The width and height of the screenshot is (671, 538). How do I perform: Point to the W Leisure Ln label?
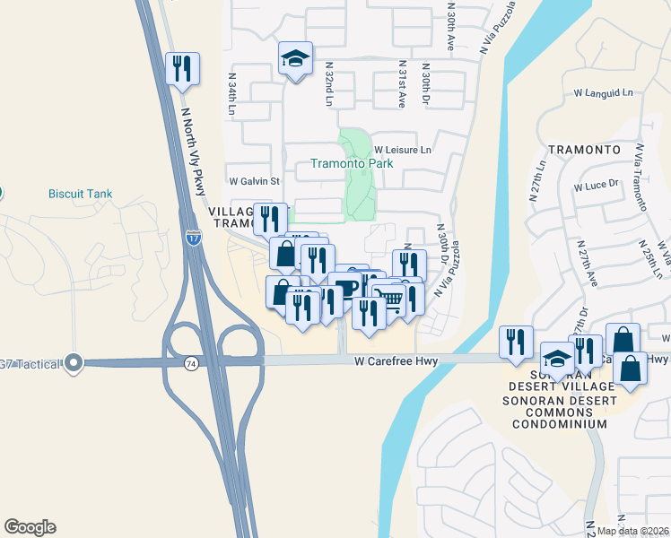(x=403, y=150)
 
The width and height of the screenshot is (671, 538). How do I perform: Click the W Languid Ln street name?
(x=603, y=92)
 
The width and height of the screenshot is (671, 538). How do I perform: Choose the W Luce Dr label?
(x=597, y=186)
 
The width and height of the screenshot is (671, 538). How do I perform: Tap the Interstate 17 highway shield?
(x=194, y=238)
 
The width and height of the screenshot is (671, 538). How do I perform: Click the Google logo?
(x=30, y=527)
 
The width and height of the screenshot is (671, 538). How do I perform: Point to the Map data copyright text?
(x=632, y=531)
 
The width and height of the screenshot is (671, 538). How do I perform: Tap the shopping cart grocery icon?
(x=388, y=299)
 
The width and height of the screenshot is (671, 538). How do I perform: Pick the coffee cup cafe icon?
(x=346, y=289)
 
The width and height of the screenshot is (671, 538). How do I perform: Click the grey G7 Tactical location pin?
(x=74, y=363)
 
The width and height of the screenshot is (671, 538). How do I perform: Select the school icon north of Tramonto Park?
(x=295, y=59)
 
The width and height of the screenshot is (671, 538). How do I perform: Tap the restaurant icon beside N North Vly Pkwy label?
(x=182, y=68)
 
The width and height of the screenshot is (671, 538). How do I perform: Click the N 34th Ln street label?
(x=231, y=95)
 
